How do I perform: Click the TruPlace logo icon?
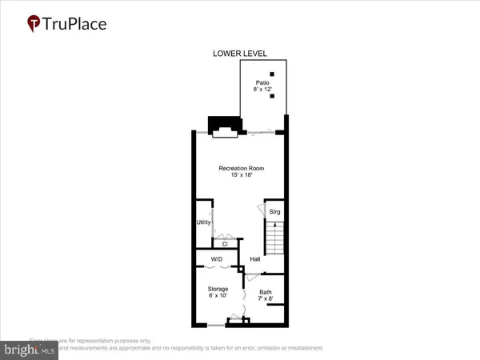click(34, 22)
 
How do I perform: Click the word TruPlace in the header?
click(75, 23)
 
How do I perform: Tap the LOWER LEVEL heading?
click(239, 54)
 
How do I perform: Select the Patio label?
click(262, 82)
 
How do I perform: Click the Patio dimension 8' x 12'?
click(262, 90)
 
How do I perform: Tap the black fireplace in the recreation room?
click(223, 127)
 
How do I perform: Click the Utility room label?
click(203, 222)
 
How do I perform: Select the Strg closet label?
click(274, 212)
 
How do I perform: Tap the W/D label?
click(216, 259)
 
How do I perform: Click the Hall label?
click(255, 259)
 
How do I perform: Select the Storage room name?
click(217, 289)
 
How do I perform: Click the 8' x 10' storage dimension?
click(217, 296)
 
